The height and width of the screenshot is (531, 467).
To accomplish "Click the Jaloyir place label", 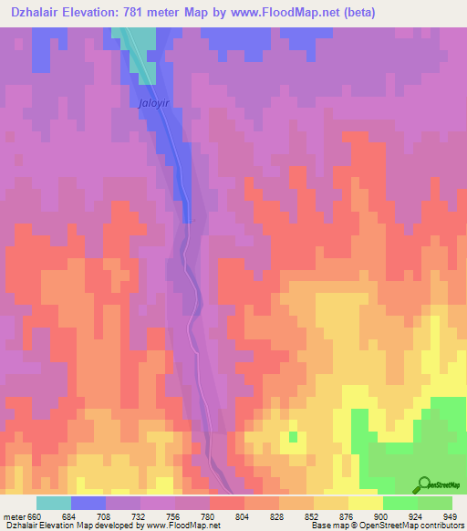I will click(x=154, y=104).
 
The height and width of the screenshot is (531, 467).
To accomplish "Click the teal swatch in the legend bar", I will click(x=54, y=503).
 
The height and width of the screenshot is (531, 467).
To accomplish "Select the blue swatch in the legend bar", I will click(x=88, y=503).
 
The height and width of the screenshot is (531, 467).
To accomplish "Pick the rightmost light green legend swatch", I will click(x=435, y=503).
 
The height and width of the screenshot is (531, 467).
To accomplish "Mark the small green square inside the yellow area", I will click(x=293, y=437).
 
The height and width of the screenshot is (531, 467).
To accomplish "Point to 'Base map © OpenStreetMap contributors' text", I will click(x=388, y=525).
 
